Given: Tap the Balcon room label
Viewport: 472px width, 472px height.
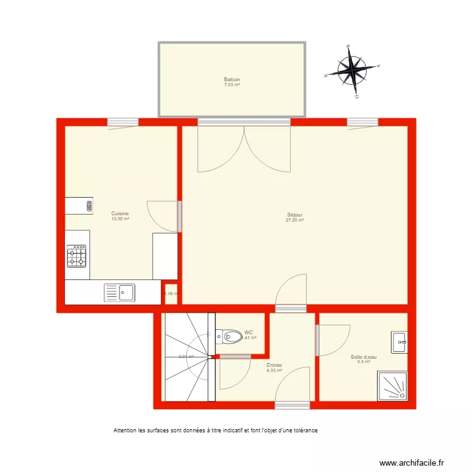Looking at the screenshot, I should (x=232, y=79).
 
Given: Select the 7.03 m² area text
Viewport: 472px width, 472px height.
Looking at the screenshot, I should (x=232, y=84).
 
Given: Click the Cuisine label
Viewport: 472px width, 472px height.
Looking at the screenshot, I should (x=120, y=213).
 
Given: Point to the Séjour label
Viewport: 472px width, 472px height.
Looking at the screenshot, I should (x=295, y=215).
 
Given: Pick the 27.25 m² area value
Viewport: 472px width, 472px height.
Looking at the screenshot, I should (x=295, y=220).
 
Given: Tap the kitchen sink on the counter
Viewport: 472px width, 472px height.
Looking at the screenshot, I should (x=120, y=292).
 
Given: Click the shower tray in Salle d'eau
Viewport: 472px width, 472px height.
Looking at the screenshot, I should (x=392, y=385).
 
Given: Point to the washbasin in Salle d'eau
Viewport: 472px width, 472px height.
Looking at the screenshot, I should (x=399, y=342).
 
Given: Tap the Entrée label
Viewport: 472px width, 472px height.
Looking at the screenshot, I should (x=274, y=365).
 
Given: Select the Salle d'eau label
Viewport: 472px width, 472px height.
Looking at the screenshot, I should (x=364, y=357).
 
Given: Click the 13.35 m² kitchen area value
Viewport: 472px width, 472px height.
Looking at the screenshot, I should (x=120, y=219).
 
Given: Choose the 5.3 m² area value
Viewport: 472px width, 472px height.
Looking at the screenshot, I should (x=364, y=362).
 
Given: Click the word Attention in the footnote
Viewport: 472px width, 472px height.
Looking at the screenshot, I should (x=125, y=430).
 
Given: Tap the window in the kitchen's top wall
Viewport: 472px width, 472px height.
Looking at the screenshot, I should (x=123, y=122).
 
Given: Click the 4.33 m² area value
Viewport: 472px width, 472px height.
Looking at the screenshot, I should (x=274, y=371).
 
